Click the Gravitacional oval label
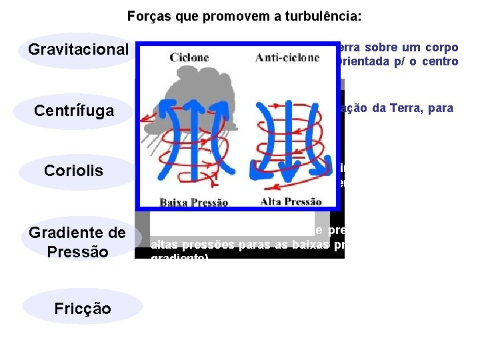(x=77, y=50)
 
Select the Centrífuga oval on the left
(x=74, y=110)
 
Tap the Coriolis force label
(x=74, y=171)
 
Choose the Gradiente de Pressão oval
(x=77, y=242)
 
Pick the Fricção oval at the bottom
(x=83, y=309)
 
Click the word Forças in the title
(x=149, y=15)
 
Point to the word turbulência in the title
(x=322, y=15)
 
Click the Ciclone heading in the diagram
(x=189, y=57)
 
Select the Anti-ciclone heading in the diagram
(x=287, y=57)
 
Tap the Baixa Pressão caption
(x=193, y=202)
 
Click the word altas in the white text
(x=164, y=244)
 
